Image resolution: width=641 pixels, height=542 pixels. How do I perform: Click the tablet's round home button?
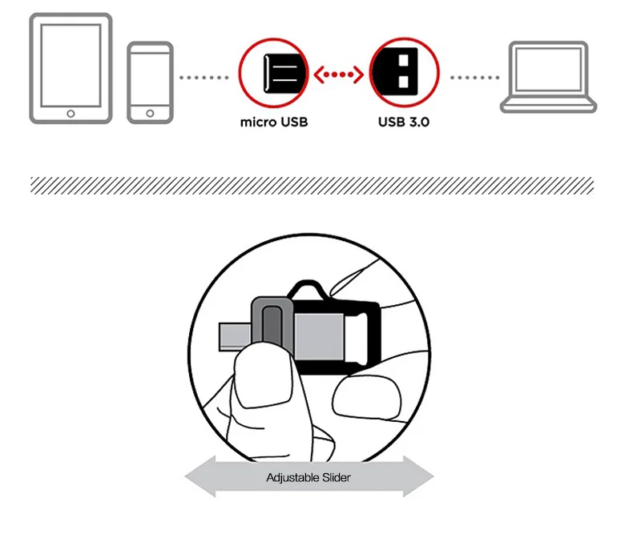(x=71, y=114)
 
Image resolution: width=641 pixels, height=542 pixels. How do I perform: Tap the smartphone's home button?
(x=150, y=113)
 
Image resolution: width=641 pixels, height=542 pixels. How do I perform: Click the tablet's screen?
(x=71, y=66)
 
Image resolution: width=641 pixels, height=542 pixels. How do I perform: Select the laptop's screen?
(x=548, y=70)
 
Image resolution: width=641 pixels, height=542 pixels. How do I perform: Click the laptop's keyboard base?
(x=549, y=105)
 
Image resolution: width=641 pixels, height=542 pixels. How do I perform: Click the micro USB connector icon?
(x=286, y=73)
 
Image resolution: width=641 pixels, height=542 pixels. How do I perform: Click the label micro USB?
(x=274, y=122)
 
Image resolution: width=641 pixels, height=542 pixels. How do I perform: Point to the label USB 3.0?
(x=404, y=122)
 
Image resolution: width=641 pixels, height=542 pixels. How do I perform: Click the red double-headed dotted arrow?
(x=338, y=74)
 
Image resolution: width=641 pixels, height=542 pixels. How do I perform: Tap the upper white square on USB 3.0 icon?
(x=404, y=60)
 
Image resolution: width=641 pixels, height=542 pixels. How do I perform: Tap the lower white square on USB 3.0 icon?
(x=404, y=82)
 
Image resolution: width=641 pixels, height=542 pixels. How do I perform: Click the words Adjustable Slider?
(x=308, y=477)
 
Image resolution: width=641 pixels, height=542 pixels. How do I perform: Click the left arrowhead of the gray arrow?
(x=200, y=476)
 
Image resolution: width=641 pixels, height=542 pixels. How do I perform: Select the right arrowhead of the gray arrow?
(x=418, y=476)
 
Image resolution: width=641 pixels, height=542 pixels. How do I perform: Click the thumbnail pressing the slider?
(x=264, y=375)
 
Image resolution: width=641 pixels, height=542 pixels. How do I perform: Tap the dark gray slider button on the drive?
(x=272, y=325)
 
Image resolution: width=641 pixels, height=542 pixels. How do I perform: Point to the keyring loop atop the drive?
(x=308, y=289)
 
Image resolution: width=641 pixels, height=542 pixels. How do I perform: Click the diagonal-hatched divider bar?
(x=312, y=186)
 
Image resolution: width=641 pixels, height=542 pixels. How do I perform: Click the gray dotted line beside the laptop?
(x=474, y=77)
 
